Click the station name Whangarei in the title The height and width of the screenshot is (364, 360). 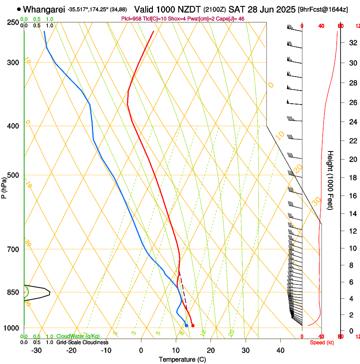44,9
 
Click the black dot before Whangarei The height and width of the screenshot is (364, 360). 19,9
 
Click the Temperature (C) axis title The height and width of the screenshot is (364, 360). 182,359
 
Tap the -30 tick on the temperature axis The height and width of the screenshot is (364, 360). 36,350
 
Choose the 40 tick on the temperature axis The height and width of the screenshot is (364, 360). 280,350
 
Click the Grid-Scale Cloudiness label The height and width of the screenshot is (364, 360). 82,342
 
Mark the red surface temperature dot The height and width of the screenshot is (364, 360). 193,325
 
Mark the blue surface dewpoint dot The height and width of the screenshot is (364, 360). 186,325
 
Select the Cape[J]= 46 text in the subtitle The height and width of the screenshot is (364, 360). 231,19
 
